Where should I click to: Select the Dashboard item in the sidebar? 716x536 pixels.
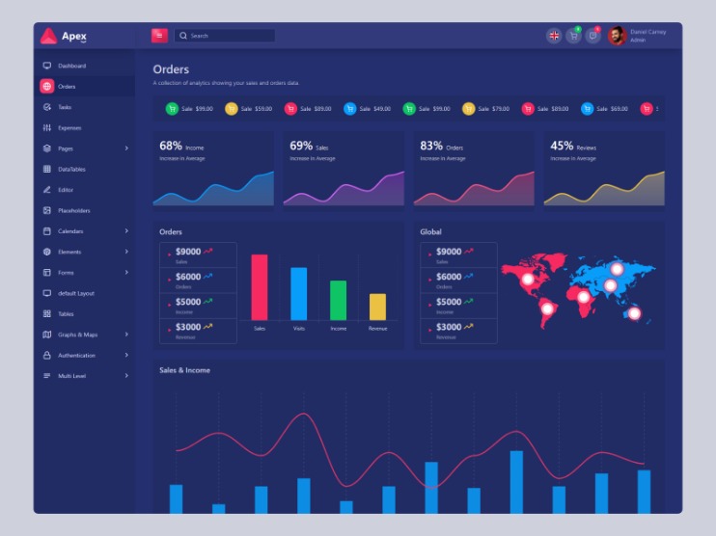(71, 66)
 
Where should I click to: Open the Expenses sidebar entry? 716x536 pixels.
(69, 127)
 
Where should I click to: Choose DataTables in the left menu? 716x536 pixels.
(71, 169)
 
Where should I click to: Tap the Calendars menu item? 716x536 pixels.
(70, 231)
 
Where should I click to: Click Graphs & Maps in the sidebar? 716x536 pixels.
(77, 335)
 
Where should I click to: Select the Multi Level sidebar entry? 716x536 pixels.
(71, 376)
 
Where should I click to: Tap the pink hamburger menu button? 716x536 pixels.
(159, 36)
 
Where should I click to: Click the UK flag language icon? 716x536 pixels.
(554, 36)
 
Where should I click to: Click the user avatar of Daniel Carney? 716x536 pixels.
(617, 36)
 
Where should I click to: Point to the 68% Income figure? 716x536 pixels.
(171, 146)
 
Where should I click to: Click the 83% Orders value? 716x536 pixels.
(431, 146)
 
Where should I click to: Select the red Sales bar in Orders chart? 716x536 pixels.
(260, 286)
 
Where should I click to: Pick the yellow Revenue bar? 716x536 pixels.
(377, 307)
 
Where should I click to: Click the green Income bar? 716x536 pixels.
(338, 300)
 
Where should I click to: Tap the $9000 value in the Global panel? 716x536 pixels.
(449, 252)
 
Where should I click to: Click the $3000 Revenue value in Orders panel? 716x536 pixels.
(188, 327)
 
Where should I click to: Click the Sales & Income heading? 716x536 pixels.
(184, 370)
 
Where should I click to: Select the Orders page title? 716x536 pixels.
(171, 69)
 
